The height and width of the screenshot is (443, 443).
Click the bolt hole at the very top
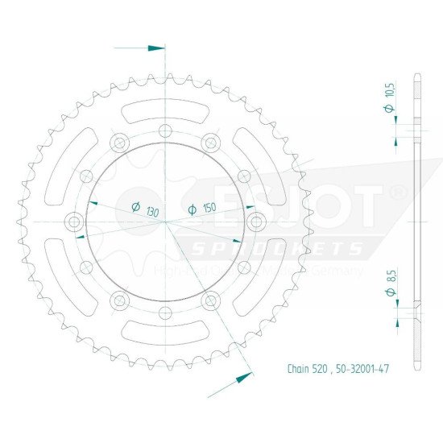click(x=165, y=131)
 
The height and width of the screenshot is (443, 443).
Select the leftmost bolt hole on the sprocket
click(x=76, y=221)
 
